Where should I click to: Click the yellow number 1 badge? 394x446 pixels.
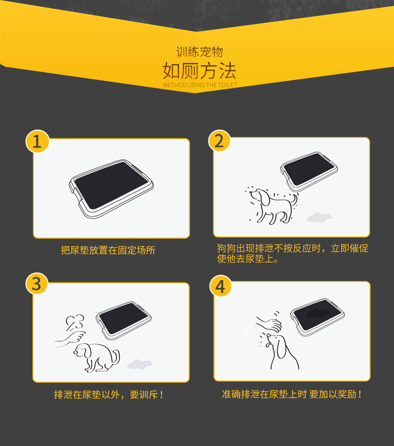pyautogui.click(x=37, y=142)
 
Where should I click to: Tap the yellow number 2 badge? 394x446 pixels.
pyautogui.click(x=219, y=141)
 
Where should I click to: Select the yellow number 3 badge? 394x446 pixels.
pyautogui.click(x=37, y=284)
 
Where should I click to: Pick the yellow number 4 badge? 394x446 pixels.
pyautogui.click(x=220, y=286)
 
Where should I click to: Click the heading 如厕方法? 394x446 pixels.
pyautogui.click(x=199, y=71)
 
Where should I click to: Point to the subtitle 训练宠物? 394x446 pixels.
pyautogui.click(x=199, y=52)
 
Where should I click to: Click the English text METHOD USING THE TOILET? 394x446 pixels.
pyautogui.click(x=200, y=85)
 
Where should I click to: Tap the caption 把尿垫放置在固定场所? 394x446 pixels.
pyautogui.click(x=108, y=250)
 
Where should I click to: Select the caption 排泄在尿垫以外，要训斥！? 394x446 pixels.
pyautogui.click(x=108, y=395)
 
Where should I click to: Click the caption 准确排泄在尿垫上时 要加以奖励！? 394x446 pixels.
pyautogui.click(x=292, y=394)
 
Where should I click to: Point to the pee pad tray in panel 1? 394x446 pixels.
pyautogui.click(x=111, y=189)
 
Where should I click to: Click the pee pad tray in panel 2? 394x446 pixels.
pyautogui.click(x=309, y=171)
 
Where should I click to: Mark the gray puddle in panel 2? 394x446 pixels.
pyautogui.click(x=319, y=217)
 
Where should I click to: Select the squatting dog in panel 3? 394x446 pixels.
pyautogui.click(x=97, y=357)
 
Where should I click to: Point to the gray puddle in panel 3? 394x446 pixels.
pyautogui.click(x=140, y=364)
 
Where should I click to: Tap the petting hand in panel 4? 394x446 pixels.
pyautogui.click(x=268, y=324)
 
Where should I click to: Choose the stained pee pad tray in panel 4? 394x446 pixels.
pyautogui.click(x=317, y=317)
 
